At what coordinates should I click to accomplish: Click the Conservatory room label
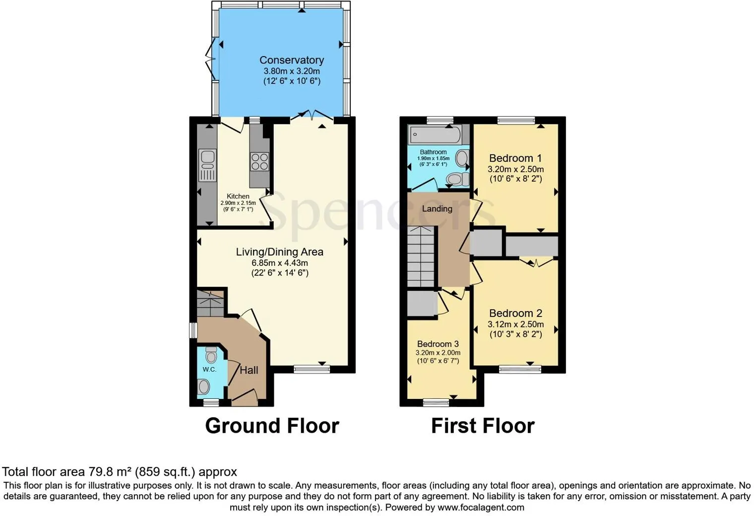pos(292,60)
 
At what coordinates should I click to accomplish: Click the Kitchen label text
pos(238,196)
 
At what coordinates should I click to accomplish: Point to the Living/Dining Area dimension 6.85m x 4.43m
pos(280,262)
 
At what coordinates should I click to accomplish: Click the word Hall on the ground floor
pos(249,370)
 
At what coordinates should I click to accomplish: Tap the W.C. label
pos(209,370)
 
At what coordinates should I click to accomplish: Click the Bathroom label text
pos(433,152)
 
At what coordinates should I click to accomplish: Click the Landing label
pos(437,209)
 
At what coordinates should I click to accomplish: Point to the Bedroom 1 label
pos(515,158)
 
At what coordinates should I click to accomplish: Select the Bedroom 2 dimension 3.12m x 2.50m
pos(515,324)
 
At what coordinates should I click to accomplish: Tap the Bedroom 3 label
pos(438,344)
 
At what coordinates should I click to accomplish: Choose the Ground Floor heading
pos(272,426)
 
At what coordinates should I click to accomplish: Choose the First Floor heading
pos(483,426)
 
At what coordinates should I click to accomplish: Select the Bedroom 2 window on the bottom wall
pos(519,369)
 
